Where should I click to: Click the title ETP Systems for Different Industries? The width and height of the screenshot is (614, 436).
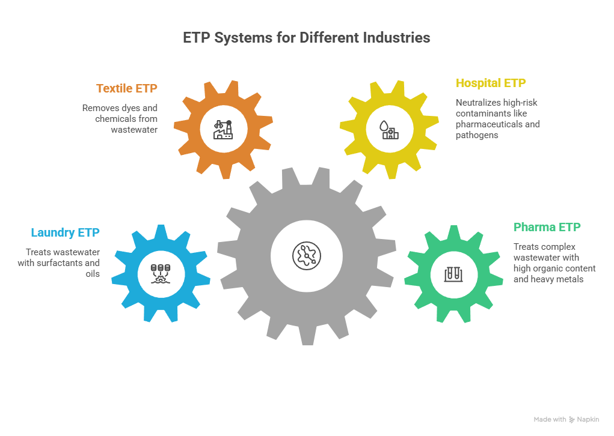pos(307,38)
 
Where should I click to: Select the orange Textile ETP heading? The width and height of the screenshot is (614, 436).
pos(126,89)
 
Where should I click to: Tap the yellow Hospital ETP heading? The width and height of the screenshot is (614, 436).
pos(491,83)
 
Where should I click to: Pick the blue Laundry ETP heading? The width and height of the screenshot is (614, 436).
pos(65,232)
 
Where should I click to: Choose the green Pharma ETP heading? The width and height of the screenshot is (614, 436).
pos(547,228)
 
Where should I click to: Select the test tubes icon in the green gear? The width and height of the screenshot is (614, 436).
pos(453,273)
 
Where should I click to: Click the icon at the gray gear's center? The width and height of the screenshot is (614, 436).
pos(306,255)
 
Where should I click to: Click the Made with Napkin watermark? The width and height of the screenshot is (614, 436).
pos(565,419)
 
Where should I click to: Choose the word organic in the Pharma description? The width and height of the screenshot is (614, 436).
pos(553,268)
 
